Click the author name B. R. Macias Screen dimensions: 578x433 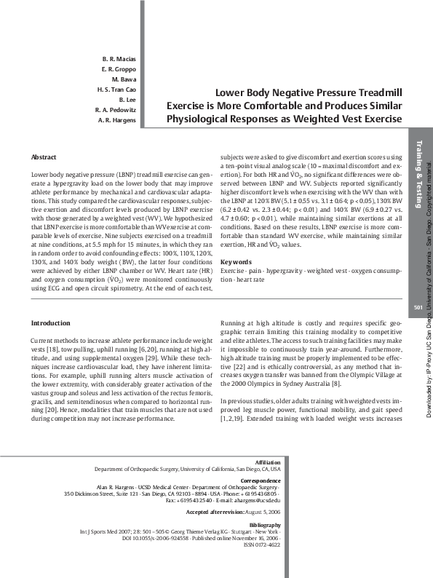pyautogui.click(x=119, y=58)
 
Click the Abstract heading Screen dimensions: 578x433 pyautogui.click(x=44, y=157)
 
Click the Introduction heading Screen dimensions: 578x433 pyautogui.click(x=50, y=322)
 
